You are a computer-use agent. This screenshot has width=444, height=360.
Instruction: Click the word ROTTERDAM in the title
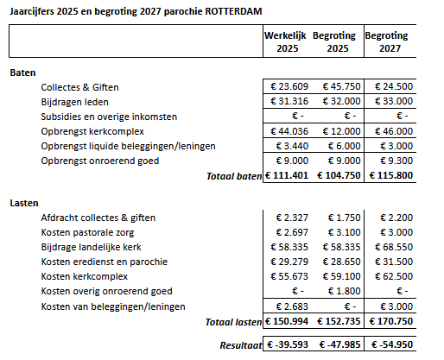click(x=233, y=11)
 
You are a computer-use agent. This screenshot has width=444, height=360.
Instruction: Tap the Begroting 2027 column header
click(x=387, y=41)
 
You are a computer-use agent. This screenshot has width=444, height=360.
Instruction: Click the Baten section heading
click(x=22, y=73)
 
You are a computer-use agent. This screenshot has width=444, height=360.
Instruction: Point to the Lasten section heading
click(x=24, y=203)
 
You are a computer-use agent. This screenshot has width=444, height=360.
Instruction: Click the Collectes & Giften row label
click(x=79, y=87)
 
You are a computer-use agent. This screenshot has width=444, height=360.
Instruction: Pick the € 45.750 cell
click(x=341, y=86)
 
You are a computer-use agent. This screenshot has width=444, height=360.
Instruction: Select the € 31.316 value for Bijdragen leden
click(x=289, y=101)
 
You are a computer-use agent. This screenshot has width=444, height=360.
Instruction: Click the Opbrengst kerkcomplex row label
click(x=92, y=131)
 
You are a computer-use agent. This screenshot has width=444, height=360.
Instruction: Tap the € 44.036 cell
click(x=289, y=131)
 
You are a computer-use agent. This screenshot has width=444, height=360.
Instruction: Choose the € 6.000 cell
click(x=344, y=146)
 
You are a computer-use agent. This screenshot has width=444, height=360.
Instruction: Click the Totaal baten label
click(x=234, y=176)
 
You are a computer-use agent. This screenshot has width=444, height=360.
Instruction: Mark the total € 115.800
click(x=391, y=175)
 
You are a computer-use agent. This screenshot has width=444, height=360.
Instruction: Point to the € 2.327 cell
click(x=292, y=218)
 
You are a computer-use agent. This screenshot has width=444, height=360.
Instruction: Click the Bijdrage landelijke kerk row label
click(x=91, y=247)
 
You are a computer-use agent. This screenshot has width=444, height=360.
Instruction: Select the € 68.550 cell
click(x=394, y=247)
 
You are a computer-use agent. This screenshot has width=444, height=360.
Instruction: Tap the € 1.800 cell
click(x=344, y=291)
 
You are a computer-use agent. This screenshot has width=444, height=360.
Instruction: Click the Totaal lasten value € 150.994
click(x=287, y=321)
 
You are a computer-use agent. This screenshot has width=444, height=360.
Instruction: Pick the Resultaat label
click(x=241, y=345)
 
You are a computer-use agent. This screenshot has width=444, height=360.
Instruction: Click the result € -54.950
click(x=392, y=344)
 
